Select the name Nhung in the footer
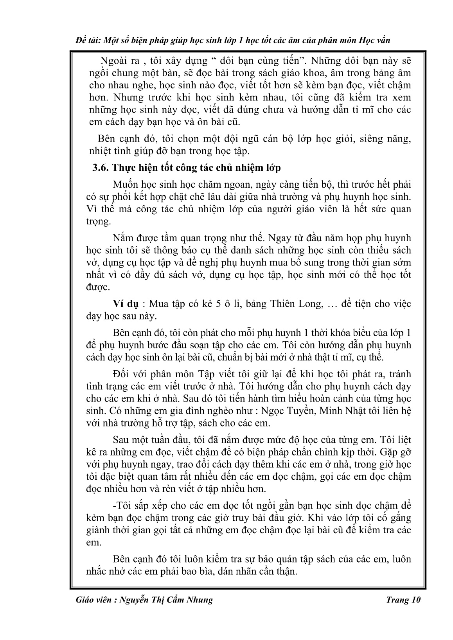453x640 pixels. [x=200, y=600]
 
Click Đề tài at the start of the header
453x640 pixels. [x=85, y=40]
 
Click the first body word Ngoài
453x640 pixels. [x=113, y=61]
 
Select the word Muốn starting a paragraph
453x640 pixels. [x=125, y=185]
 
